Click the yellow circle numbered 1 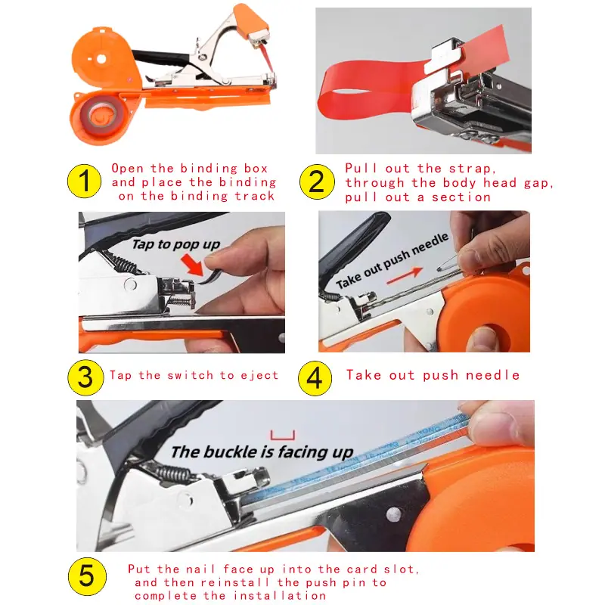tap(84, 181)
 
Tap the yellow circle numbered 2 tap(317, 181)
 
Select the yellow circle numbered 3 tap(85, 377)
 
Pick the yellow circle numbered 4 tap(315, 378)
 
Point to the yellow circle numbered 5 tap(87, 576)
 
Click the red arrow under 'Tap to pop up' tap(193, 264)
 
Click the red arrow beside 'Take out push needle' tap(405, 275)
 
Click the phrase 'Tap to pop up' tap(176, 244)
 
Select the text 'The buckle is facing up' tap(262, 451)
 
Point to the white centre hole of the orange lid tap(101, 59)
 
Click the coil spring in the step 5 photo tap(175, 474)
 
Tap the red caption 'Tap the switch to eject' tap(194, 375)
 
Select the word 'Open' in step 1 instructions tap(127, 169)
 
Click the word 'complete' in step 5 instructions tap(166, 596)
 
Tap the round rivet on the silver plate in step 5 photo tap(393, 514)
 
